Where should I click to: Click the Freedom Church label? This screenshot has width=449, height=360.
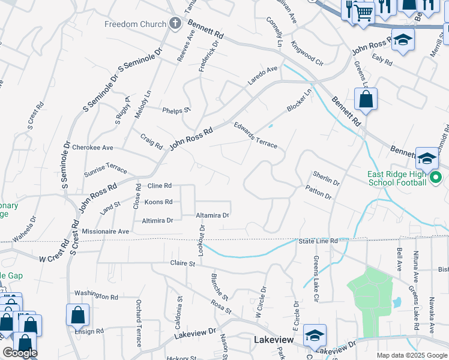(135, 24)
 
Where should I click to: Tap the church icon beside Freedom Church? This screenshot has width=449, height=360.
(175, 24)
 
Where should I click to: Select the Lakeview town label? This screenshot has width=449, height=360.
(274, 340)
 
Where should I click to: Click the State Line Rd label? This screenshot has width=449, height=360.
(318, 241)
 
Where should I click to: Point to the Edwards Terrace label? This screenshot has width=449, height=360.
(255, 135)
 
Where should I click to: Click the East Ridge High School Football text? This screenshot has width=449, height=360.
(397, 178)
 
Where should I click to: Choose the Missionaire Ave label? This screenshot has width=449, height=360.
(106, 231)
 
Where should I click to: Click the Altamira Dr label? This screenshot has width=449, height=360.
(212, 215)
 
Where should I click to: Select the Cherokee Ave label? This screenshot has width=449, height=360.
(92, 147)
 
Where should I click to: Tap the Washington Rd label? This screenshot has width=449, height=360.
(96, 296)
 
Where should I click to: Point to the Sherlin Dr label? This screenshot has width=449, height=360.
(326, 178)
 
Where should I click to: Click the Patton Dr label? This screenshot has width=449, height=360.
(318, 193)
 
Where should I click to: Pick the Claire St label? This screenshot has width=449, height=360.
(183, 263)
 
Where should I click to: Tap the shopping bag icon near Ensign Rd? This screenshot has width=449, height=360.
(77, 314)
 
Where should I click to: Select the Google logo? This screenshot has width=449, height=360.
(19, 353)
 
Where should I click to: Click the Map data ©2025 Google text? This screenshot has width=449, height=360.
(411, 355)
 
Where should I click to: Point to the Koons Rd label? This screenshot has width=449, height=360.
(159, 202)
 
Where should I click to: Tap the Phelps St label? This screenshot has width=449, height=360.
(176, 110)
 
